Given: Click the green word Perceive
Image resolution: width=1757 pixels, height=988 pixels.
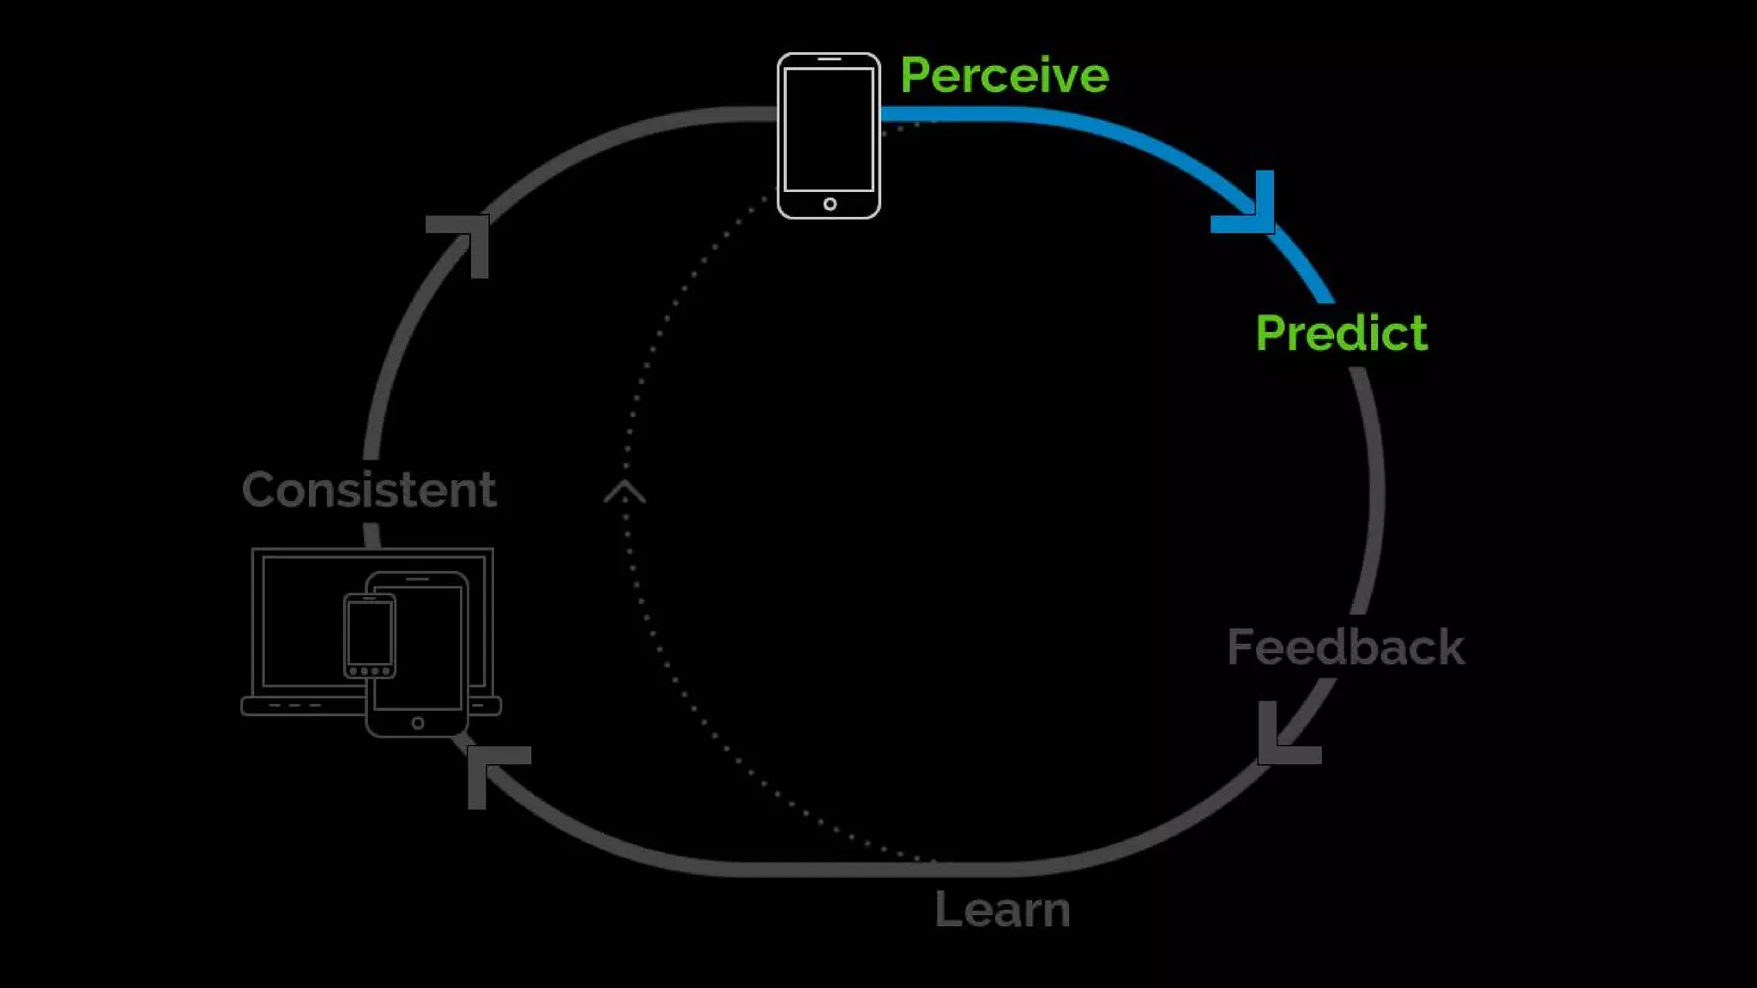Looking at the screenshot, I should tap(1004, 75).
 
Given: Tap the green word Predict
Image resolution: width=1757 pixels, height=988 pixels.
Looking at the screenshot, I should tap(1341, 333).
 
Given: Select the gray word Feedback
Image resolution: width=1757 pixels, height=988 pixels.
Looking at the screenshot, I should tap(1345, 648).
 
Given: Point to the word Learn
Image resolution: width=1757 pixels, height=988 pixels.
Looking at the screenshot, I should tap(1002, 910).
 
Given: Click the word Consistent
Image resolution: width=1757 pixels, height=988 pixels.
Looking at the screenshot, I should tap(369, 491).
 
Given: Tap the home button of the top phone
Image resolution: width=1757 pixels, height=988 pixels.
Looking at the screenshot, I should tap(830, 204).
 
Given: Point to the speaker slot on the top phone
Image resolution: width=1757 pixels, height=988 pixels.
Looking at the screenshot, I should tap(829, 59).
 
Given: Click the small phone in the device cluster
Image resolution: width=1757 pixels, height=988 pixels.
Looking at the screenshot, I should tap(370, 636).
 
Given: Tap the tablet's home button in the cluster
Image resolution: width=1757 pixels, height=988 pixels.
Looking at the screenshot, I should tap(418, 723).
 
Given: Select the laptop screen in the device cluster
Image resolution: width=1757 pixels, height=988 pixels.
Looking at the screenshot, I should tap(300, 617).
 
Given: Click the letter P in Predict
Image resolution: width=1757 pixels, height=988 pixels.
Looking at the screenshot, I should tap(1272, 333).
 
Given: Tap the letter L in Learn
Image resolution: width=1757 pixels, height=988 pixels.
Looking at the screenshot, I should tap(945, 910).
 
